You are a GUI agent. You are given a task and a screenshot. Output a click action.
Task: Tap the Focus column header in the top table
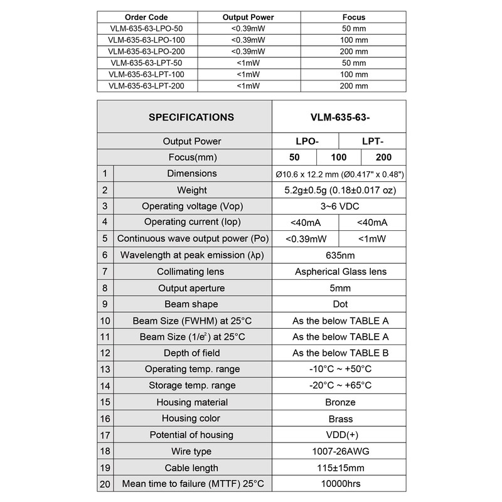point(353,17)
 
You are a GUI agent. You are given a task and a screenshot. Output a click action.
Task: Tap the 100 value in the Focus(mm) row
point(338,158)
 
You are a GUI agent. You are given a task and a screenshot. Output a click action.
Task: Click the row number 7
point(105,272)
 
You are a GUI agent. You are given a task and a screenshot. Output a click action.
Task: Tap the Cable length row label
point(191,467)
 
